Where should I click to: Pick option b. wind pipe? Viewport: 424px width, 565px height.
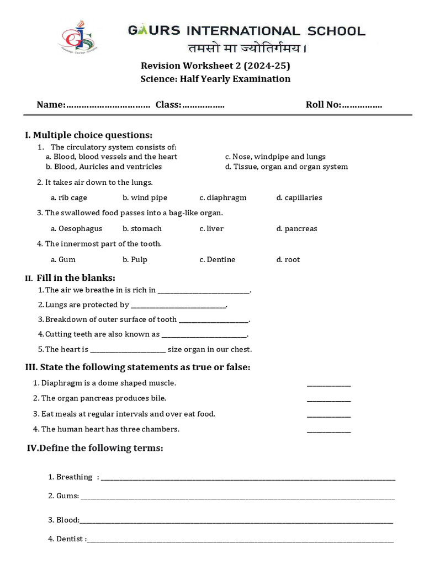point(145,198)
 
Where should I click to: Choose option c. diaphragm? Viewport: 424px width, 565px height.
point(223,198)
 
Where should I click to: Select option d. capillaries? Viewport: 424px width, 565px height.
point(299,198)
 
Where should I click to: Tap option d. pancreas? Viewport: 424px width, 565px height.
point(297,228)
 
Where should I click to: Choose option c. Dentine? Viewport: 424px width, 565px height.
point(218,259)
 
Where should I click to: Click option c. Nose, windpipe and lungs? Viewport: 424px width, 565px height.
point(275,157)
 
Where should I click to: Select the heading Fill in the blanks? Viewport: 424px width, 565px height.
point(76,278)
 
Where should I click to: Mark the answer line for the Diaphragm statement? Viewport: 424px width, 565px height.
point(328,385)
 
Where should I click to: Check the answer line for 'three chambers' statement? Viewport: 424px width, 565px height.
point(328,431)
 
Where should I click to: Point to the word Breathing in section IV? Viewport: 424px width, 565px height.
point(74,477)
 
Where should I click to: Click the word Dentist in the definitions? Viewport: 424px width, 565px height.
point(70,539)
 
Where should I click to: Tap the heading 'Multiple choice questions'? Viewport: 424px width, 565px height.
point(92,135)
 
